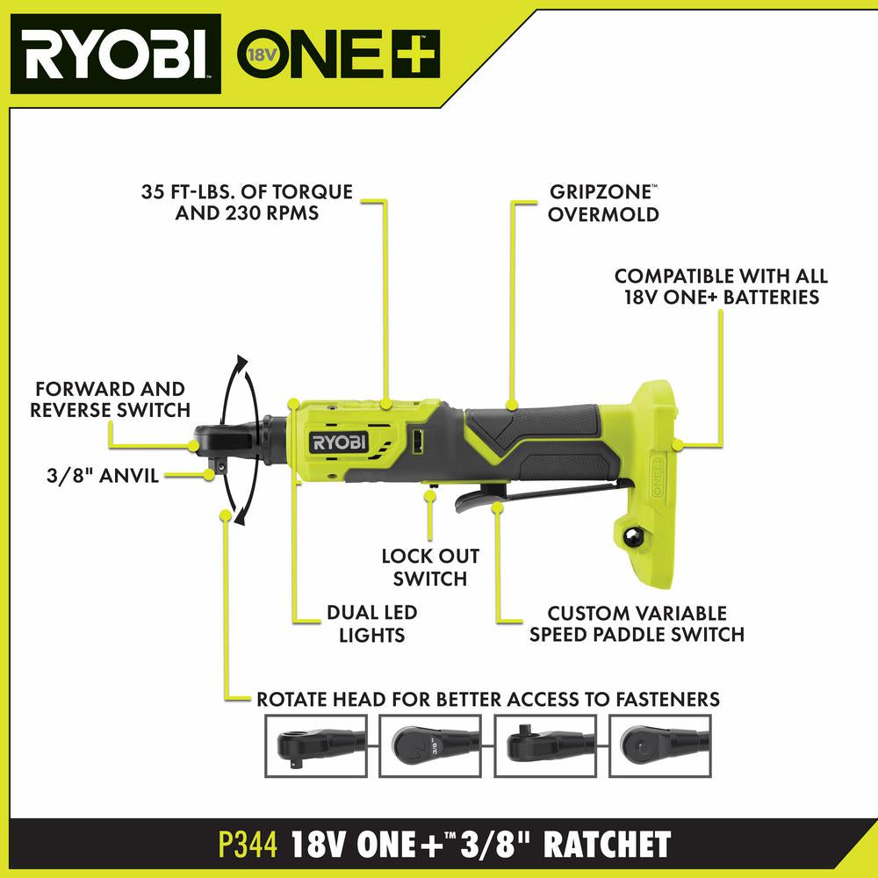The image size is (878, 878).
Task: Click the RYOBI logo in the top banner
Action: click(115, 54)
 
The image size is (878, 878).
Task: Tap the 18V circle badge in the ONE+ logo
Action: click(263, 54)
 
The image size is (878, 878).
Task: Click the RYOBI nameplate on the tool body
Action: click(338, 443)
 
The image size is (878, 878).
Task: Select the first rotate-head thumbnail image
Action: click(316, 745)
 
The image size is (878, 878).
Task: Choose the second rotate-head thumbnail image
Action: click(430, 745)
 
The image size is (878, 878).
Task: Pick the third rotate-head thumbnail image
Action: click(545, 745)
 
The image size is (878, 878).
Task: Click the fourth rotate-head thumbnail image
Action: click(660, 745)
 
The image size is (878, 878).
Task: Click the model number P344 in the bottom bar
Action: click(248, 844)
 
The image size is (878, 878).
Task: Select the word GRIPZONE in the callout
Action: click(601, 192)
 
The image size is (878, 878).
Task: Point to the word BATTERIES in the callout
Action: click(771, 298)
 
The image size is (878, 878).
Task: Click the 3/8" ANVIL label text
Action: click(103, 476)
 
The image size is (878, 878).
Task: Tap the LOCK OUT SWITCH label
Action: click(430, 566)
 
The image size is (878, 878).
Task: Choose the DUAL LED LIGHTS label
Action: click(371, 623)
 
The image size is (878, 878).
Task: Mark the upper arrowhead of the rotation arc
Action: click(241, 363)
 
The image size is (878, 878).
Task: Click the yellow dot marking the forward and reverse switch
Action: click(193, 446)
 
